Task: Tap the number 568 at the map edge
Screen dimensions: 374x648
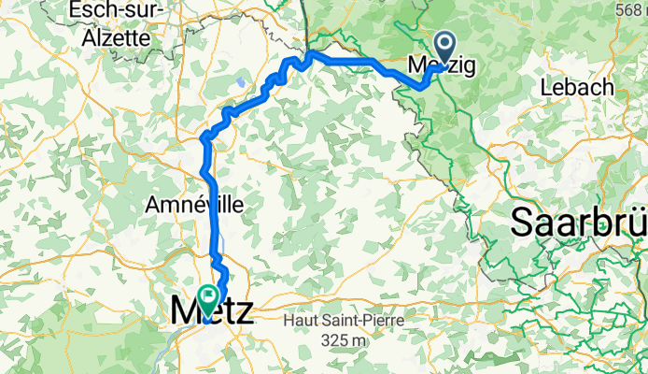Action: coord(629,8)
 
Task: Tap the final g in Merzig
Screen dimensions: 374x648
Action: coord(468,67)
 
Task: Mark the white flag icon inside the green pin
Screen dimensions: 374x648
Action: coord(206,296)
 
